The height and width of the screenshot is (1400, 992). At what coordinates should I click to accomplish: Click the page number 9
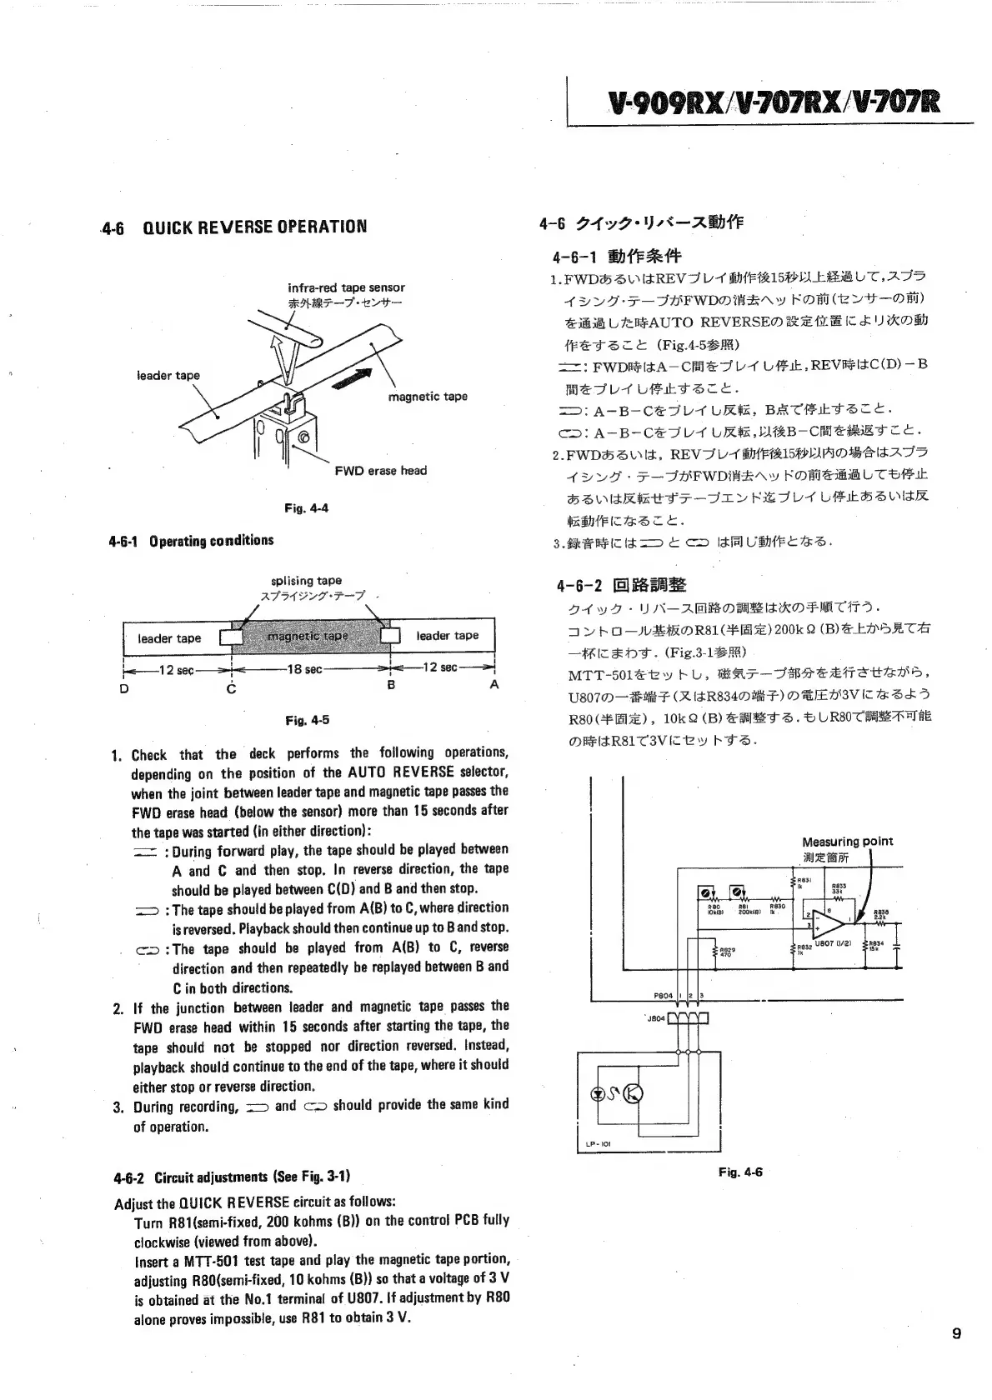tap(956, 1333)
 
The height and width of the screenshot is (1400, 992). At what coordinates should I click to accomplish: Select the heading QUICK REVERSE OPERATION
tap(254, 227)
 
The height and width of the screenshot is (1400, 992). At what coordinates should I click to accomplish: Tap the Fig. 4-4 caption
tap(306, 507)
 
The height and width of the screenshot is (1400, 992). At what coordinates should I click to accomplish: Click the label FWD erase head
tap(380, 471)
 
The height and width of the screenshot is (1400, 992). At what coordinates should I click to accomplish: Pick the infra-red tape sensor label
tap(346, 287)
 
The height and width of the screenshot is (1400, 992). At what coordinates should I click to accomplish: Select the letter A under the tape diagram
tap(493, 684)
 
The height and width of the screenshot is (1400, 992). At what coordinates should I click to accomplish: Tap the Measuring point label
tap(846, 842)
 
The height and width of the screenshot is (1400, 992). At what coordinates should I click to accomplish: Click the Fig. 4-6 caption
tap(740, 1172)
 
